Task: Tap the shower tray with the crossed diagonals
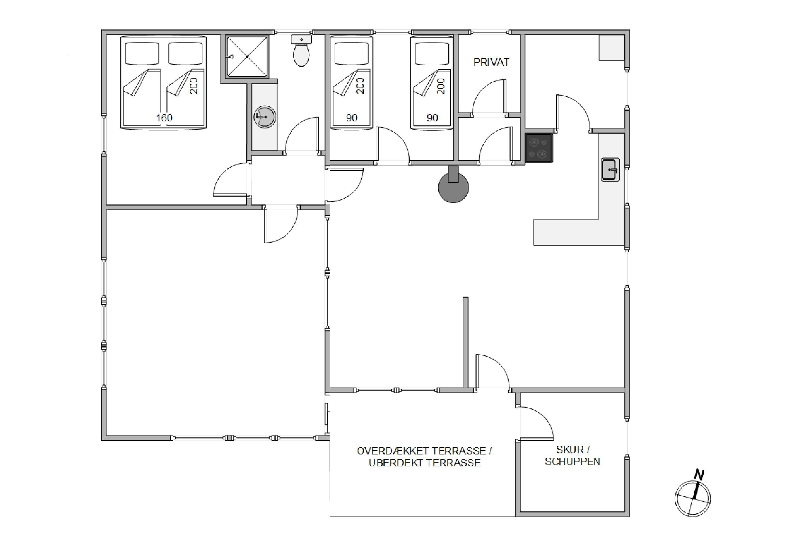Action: [x=247, y=56]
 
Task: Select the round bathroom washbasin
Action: [x=265, y=117]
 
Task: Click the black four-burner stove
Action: [x=539, y=148]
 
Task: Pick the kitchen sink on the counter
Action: [x=610, y=169]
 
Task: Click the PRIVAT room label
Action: [x=491, y=62]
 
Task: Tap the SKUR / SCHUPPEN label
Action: [x=572, y=456]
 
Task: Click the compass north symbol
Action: [x=693, y=498]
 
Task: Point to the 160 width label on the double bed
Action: [x=164, y=118]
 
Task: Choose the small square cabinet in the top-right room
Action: [x=612, y=48]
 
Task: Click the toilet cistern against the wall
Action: [x=302, y=39]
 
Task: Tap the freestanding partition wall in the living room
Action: [x=465, y=343]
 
